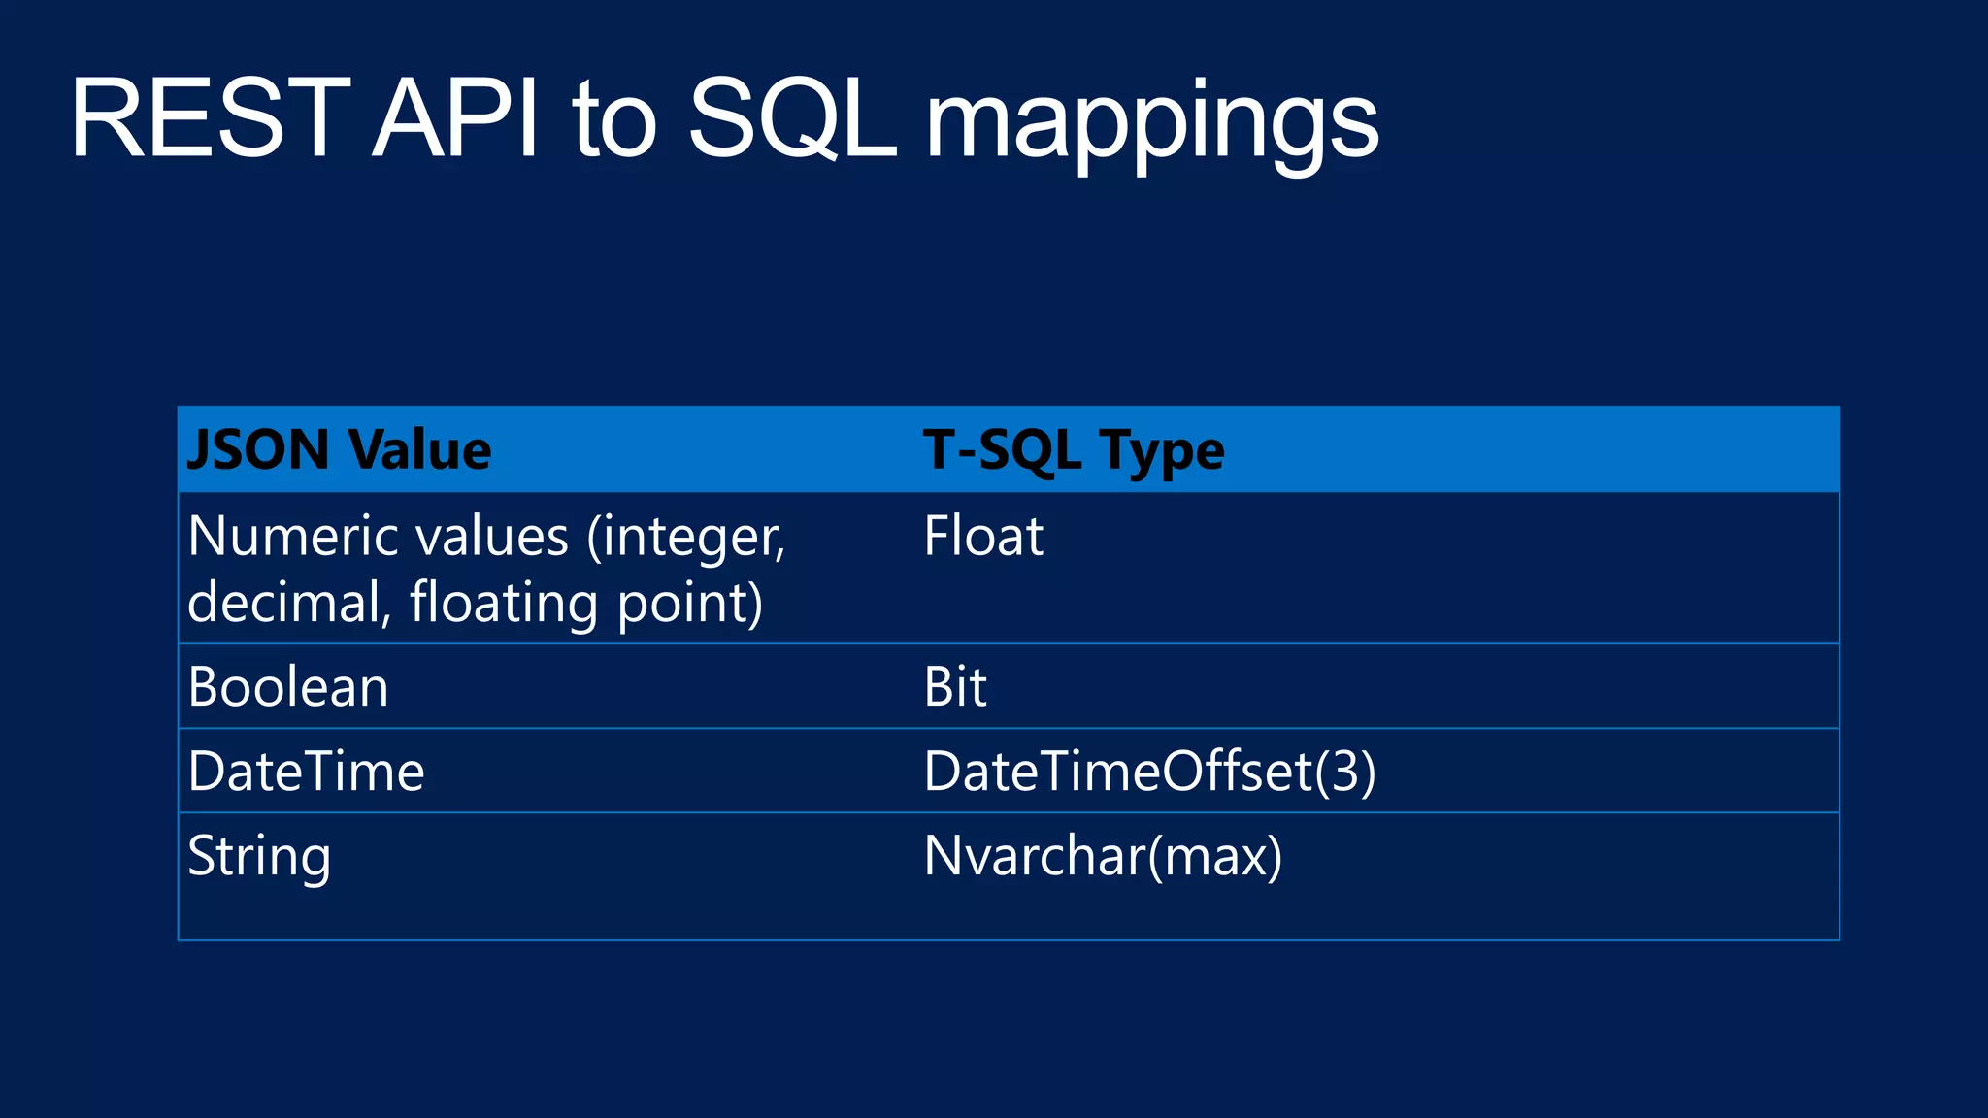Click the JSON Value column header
tap(339, 450)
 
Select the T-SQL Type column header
tap(1074, 450)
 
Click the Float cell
tap(983, 536)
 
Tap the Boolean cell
tap(288, 687)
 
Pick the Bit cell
tap(955, 687)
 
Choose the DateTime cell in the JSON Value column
tap(306, 772)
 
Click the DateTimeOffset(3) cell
tap(1149, 772)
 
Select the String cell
tap(259, 857)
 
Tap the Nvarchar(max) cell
tap(1103, 856)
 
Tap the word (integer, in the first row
tap(685, 538)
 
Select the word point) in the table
tap(690, 604)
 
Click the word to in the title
tap(613, 121)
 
